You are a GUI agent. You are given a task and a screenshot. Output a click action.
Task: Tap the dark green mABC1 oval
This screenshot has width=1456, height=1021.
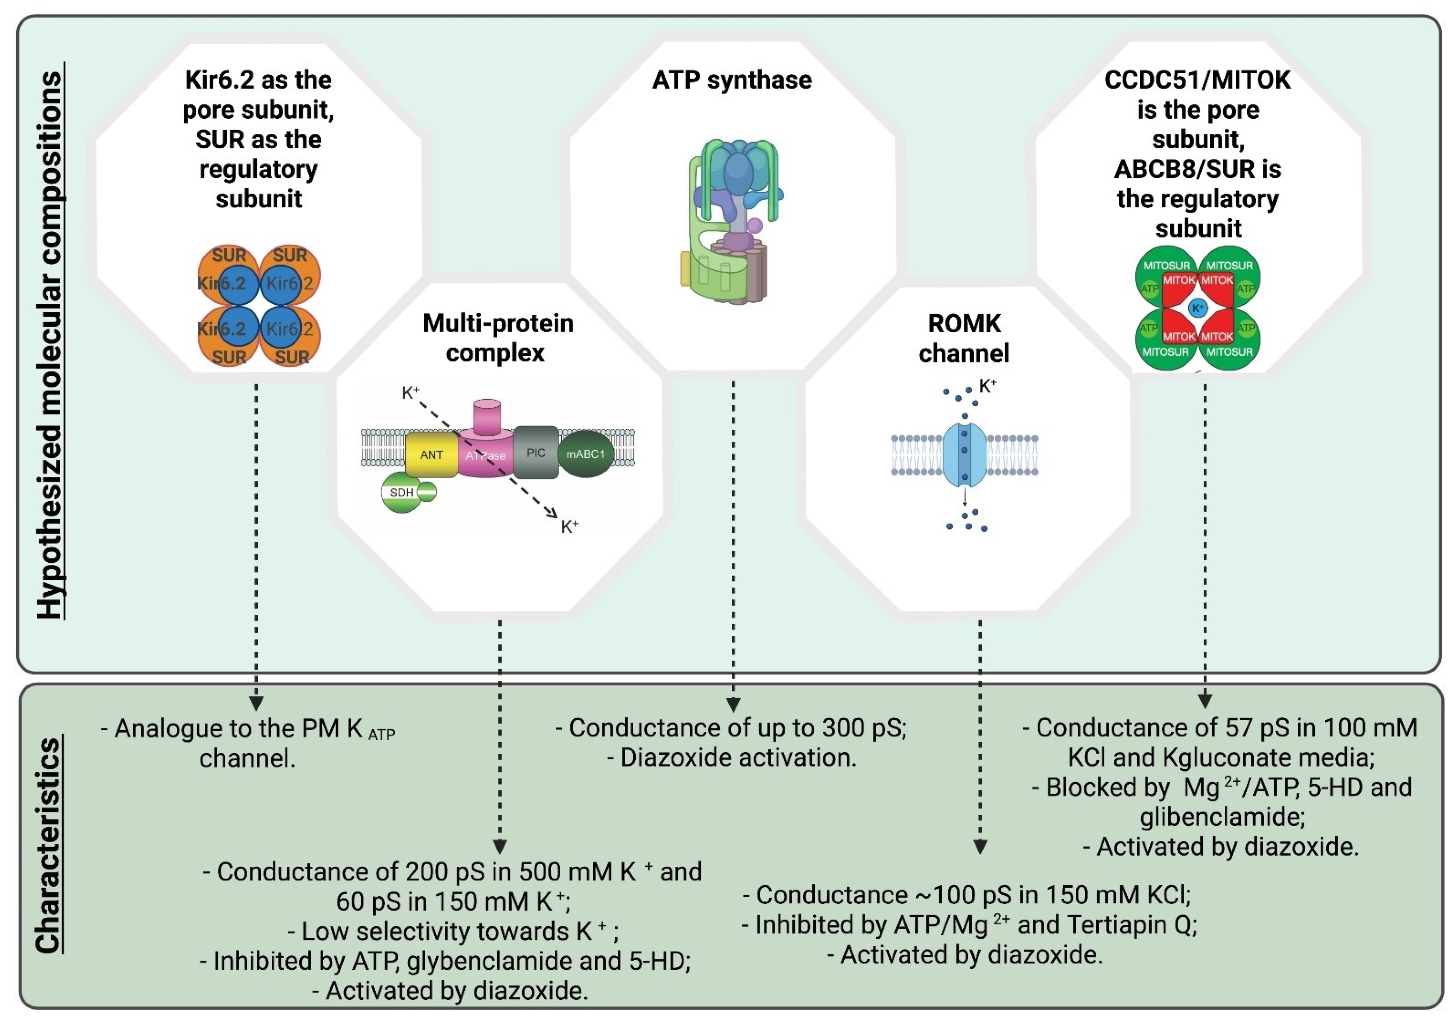[585, 454]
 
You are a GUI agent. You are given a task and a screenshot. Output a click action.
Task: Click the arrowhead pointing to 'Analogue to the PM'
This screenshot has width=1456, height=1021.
[256, 703]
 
